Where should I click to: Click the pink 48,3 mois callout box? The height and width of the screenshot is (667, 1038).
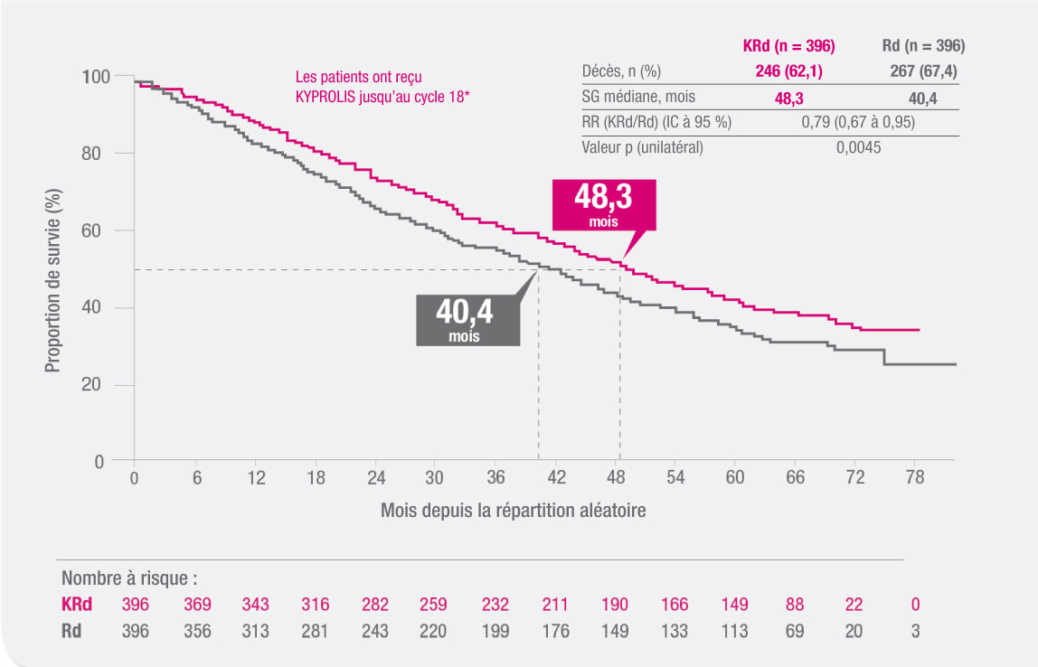coord(603,204)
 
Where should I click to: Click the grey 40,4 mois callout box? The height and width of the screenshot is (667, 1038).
coord(467,319)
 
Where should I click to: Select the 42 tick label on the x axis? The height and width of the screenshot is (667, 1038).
coord(556,478)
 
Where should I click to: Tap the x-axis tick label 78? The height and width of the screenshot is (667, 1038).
coord(915,478)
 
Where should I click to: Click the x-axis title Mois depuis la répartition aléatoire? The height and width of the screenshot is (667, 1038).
coord(513,511)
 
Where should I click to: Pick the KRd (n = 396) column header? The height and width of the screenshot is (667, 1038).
coord(788,45)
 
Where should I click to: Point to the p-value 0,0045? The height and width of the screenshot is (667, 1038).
coord(858,147)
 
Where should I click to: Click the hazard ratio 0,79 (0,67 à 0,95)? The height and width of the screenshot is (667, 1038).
coord(858,122)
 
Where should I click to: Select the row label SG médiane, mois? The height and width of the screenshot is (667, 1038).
coord(638,97)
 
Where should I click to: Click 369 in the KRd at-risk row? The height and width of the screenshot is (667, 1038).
coord(195,605)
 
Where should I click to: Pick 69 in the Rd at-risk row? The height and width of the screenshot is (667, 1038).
coord(795,631)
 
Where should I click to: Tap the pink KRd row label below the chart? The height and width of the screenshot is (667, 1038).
coord(78,605)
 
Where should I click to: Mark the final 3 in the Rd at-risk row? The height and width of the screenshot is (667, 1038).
coord(915,631)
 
